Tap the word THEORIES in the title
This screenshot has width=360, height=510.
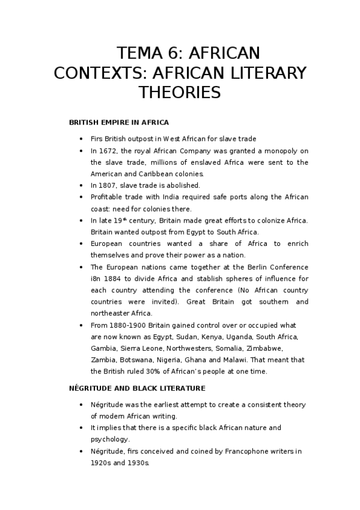[180, 93]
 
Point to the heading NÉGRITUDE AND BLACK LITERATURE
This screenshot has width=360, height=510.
[137, 388]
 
